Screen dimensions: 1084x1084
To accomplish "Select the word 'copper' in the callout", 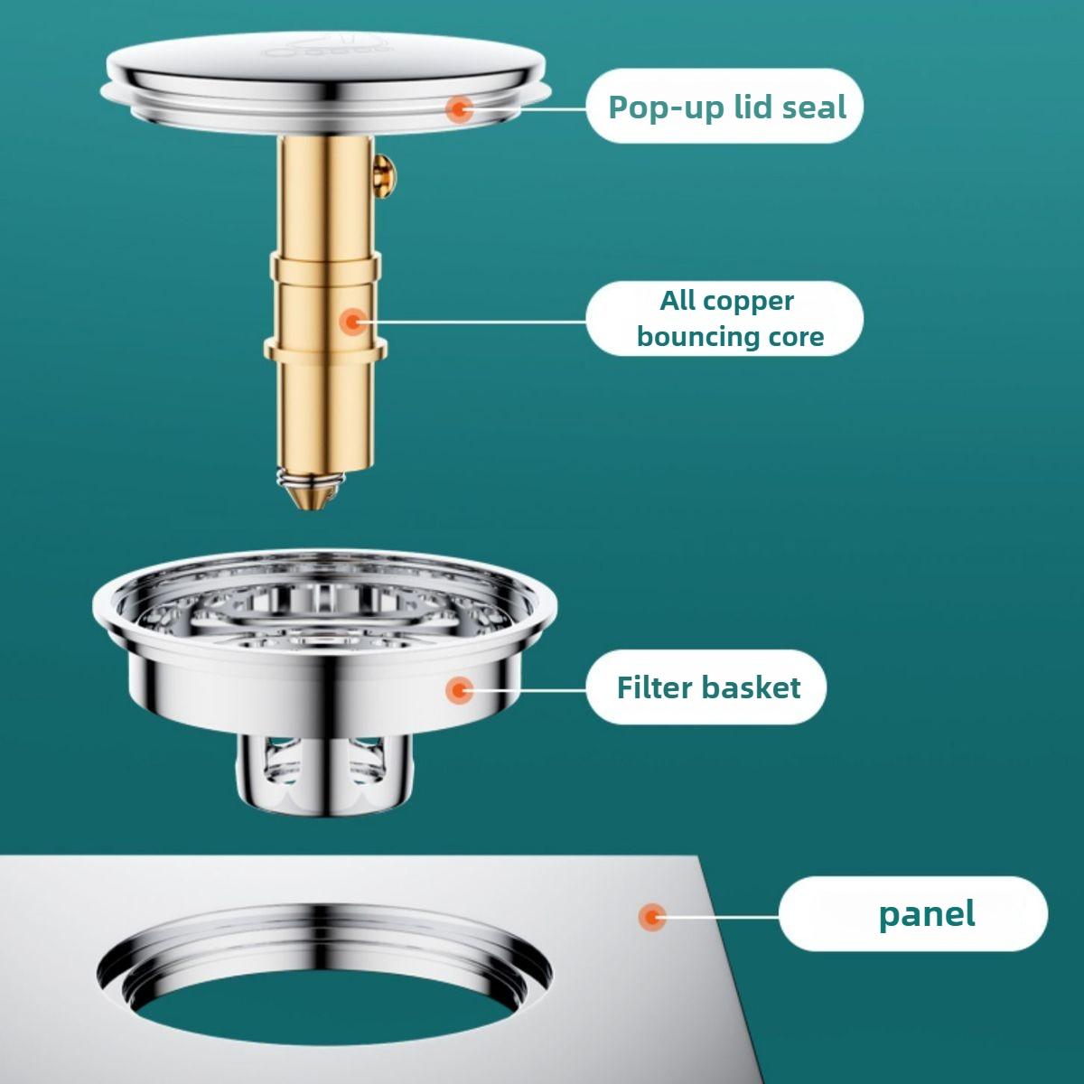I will (x=752, y=301).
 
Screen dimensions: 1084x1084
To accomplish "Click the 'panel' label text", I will (x=927, y=913).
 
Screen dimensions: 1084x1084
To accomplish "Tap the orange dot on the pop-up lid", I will (x=461, y=109).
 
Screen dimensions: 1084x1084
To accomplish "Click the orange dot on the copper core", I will (x=352, y=321).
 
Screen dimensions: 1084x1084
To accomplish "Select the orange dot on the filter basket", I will (x=461, y=691).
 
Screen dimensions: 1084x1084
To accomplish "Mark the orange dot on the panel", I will (x=651, y=917).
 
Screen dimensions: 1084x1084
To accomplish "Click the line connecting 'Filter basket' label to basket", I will (x=528, y=691).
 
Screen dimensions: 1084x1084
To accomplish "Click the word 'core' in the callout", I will (x=798, y=337).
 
